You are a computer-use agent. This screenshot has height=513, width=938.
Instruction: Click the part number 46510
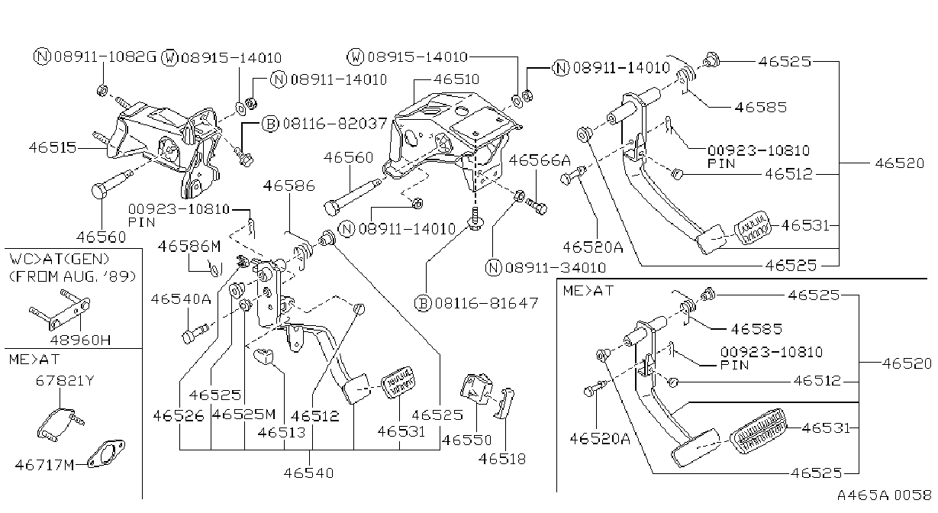coord(456,79)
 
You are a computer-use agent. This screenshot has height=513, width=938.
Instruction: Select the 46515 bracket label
coord(53,147)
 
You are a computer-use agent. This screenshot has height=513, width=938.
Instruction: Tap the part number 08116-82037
coord(334,124)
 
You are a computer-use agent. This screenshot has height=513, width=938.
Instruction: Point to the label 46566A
coord(540,160)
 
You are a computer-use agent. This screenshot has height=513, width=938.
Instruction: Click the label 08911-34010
coord(556,268)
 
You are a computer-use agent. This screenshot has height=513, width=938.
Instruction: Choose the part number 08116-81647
coord(486,303)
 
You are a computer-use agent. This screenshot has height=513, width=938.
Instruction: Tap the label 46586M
coord(189,247)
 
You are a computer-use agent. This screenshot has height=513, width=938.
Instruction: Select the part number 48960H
coord(80,340)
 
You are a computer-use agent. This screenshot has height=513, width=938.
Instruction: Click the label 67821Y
coord(65,381)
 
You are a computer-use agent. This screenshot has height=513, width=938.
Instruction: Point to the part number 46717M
coord(44,465)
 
